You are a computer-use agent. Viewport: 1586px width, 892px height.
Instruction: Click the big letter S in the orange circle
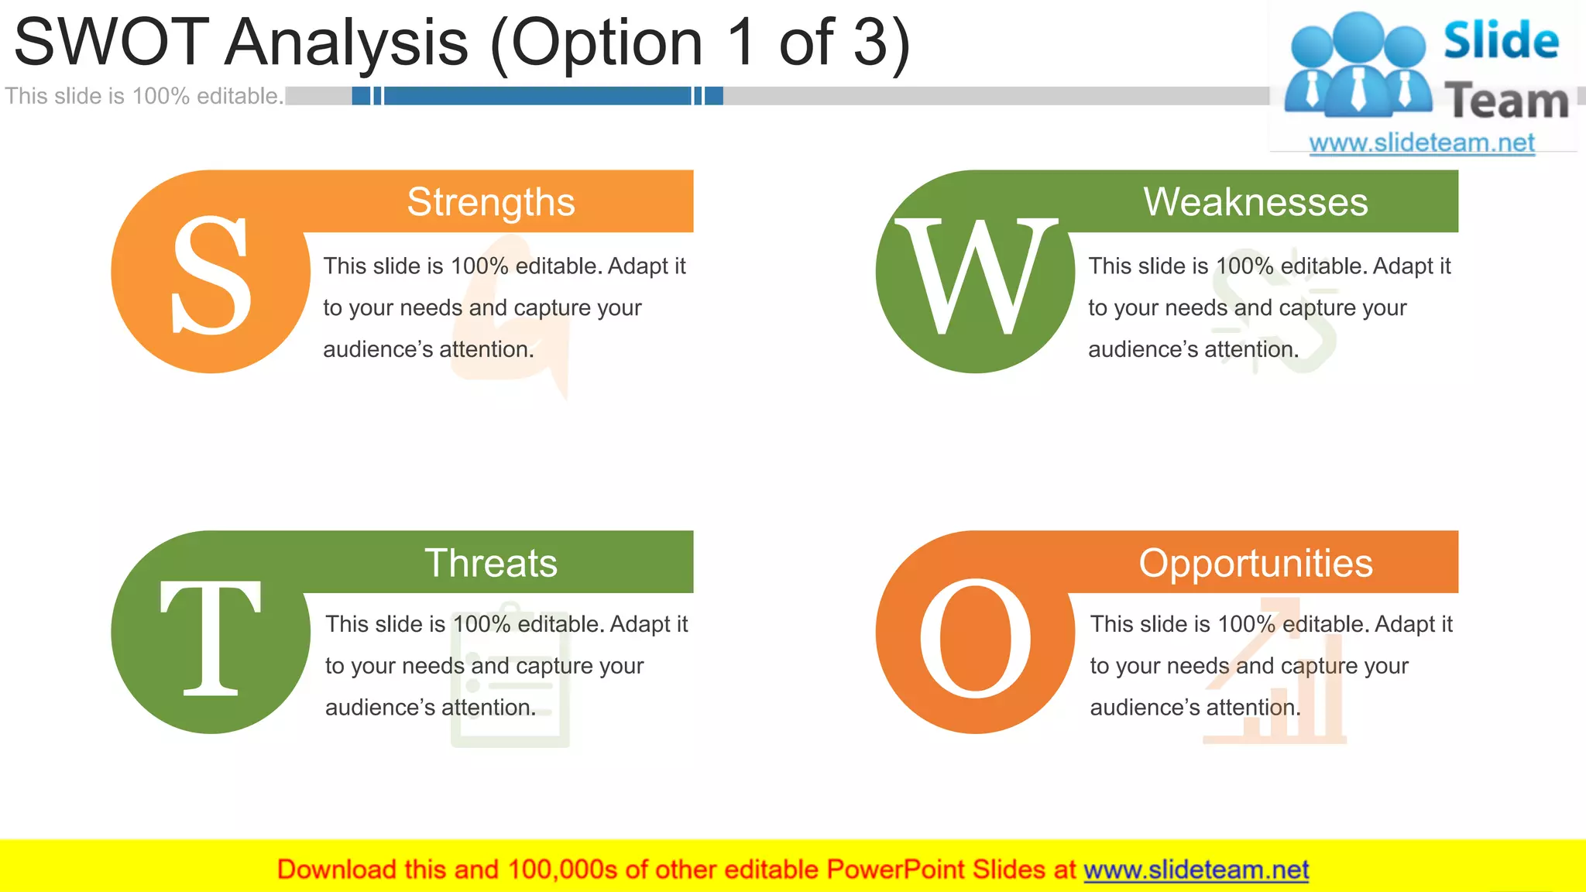211,275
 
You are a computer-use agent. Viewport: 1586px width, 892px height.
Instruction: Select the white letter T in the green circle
211,636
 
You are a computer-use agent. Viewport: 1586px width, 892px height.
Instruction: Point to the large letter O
975,638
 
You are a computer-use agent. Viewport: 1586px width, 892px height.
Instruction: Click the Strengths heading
491,202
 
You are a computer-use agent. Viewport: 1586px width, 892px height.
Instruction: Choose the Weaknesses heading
1255,202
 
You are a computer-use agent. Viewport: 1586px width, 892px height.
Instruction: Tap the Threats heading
491,563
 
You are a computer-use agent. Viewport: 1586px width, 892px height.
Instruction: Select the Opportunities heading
1255,563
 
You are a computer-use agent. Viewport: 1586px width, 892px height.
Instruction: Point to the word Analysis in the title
346,42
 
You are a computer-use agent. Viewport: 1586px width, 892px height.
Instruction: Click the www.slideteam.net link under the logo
1422,142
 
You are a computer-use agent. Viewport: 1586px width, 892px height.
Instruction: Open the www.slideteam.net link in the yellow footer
1196,870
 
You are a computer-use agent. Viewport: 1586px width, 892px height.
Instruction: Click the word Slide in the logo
1501,40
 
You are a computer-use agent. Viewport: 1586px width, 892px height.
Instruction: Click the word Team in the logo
1506,101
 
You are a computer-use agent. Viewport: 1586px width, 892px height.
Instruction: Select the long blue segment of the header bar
537,96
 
